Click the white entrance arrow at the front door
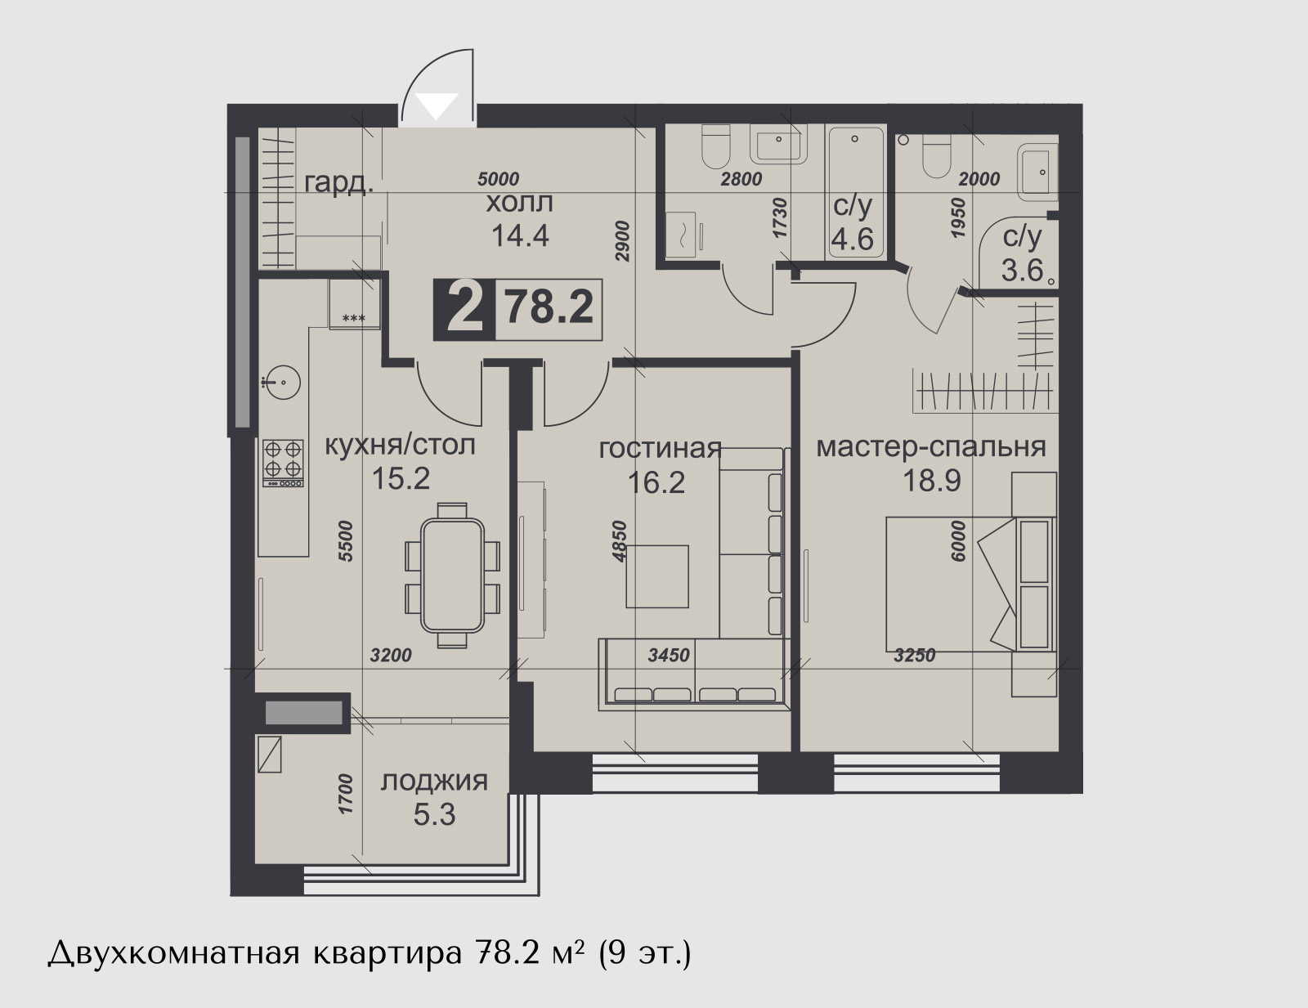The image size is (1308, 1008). [x=437, y=106]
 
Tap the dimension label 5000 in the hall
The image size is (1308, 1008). [x=498, y=179]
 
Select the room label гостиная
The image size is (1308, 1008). [x=660, y=449]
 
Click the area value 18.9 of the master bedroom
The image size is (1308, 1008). [x=931, y=480]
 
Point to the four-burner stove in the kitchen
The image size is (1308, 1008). [x=283, y=463]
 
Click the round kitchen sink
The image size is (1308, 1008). [x=281, y=382]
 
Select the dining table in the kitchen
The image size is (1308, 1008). [x=453, y=576]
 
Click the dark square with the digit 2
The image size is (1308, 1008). [x=464, y=309]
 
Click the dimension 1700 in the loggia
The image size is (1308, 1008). [x=346, y=795]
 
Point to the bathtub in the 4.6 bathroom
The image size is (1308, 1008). [x=855, y=193]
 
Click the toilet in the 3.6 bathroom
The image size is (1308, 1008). [x=936, y=156]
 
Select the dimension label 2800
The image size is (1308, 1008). [x=741, y=179]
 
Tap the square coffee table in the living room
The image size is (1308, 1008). [x=656, y=576]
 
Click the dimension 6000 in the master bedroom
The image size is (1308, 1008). [x=957, y=542]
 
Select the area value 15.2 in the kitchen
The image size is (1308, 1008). [x=401, y=479]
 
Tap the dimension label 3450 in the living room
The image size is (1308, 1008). [x=668, y=655]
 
